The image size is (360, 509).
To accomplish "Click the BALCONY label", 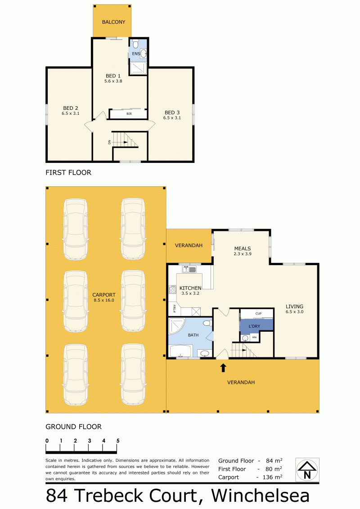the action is [x=113, y=22].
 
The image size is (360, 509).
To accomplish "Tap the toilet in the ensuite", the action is [x=136, y=43].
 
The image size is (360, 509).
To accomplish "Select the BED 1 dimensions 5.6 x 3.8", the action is [x=113, y=81].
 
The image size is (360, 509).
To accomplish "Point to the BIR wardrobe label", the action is [x=129, y=113].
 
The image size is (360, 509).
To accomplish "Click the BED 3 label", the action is [x=172, y=113].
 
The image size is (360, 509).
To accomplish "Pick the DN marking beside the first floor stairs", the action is [x=109, y=142].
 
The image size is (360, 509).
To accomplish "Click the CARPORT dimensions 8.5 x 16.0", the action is [x=104, y=300].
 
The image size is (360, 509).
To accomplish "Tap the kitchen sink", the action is [x=189, y=269].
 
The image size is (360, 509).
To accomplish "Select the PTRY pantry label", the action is [x=174, y=309].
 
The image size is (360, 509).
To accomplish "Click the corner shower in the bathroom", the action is [x=175, y=326].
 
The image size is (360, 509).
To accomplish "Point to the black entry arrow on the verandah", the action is [x=223, y=368].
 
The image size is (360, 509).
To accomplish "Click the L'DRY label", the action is [x=254, y=326].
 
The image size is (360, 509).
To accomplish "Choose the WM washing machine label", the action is [x=254, y=338].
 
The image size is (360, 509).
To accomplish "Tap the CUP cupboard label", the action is [x=258, y=314].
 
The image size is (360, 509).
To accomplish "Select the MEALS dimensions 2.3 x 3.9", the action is [x=243, y=254].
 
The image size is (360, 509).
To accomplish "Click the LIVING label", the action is [x=294, y=306].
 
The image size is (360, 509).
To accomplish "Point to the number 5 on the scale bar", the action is [x=118, y=441].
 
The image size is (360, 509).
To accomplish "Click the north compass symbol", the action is [x=307, y=470].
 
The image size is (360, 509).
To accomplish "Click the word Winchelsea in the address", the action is [x=261, y=495].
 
